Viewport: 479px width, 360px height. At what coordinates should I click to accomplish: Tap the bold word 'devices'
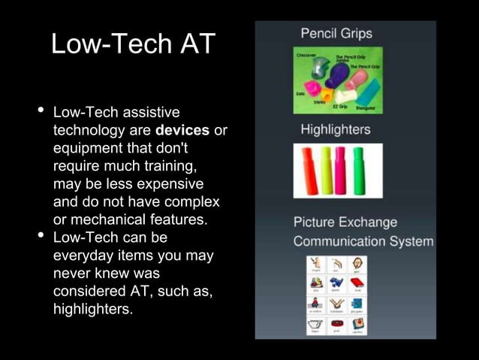(182, 131)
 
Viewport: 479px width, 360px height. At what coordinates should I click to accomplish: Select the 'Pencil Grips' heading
(336, 34)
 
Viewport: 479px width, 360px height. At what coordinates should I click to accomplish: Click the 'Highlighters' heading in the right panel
(336, 129)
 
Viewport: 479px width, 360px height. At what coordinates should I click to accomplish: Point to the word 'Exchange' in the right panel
(366, 223)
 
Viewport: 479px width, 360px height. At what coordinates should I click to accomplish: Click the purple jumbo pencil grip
(339, 73)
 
